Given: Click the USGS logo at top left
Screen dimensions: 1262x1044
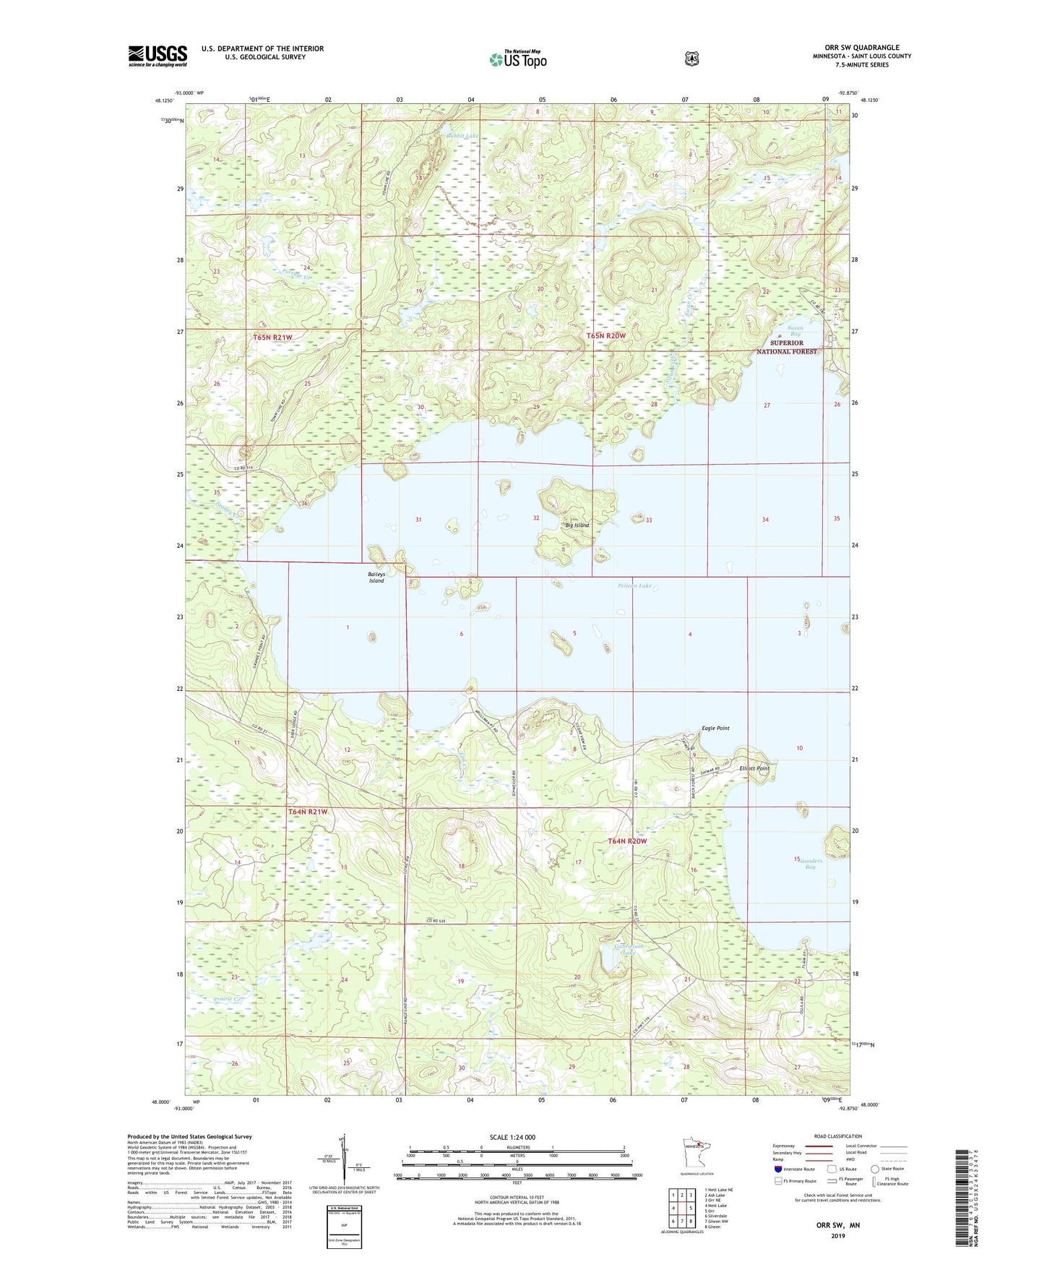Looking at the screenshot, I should pyautogui.click(x=158, y=56).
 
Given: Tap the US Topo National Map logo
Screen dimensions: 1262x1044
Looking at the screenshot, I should pyautogui.click(x=517, y=59).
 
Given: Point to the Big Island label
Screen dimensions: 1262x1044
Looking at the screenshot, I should pyautogui.click(x=577, y=525).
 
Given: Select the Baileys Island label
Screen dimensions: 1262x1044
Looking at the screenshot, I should pyautogui.click(x=376, y=578).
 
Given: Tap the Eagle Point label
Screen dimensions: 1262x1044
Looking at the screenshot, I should pyautogui.click(x=715, y=729).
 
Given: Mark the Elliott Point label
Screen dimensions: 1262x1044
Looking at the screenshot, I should pyautogui.click(x=754, y=768).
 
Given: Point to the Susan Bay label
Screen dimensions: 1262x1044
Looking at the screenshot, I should pyautogui.click(x=795, y=331).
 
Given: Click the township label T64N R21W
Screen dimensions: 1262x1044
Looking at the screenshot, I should pyautogui.click(x=308, y=812).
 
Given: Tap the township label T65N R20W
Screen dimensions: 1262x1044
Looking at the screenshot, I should pyautogui.click(x=605, y=336).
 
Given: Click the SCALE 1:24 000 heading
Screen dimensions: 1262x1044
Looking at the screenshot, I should pyautogui.click(x=512, y=1137).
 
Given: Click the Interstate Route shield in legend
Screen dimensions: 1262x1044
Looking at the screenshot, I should pyautogui.click(x=777, y=1169).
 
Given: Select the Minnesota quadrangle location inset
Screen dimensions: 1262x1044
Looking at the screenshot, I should pyautogui.click(x=697, y=1166).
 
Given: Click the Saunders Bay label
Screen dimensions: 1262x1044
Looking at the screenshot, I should pyautogui.click(x=810, y=862).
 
